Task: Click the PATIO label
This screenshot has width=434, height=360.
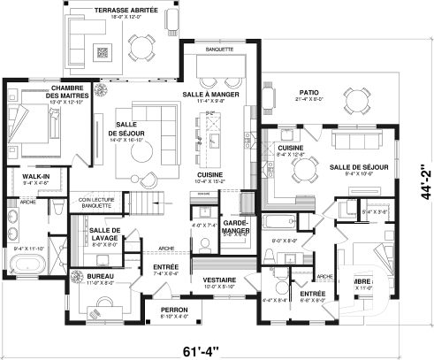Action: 308,92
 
